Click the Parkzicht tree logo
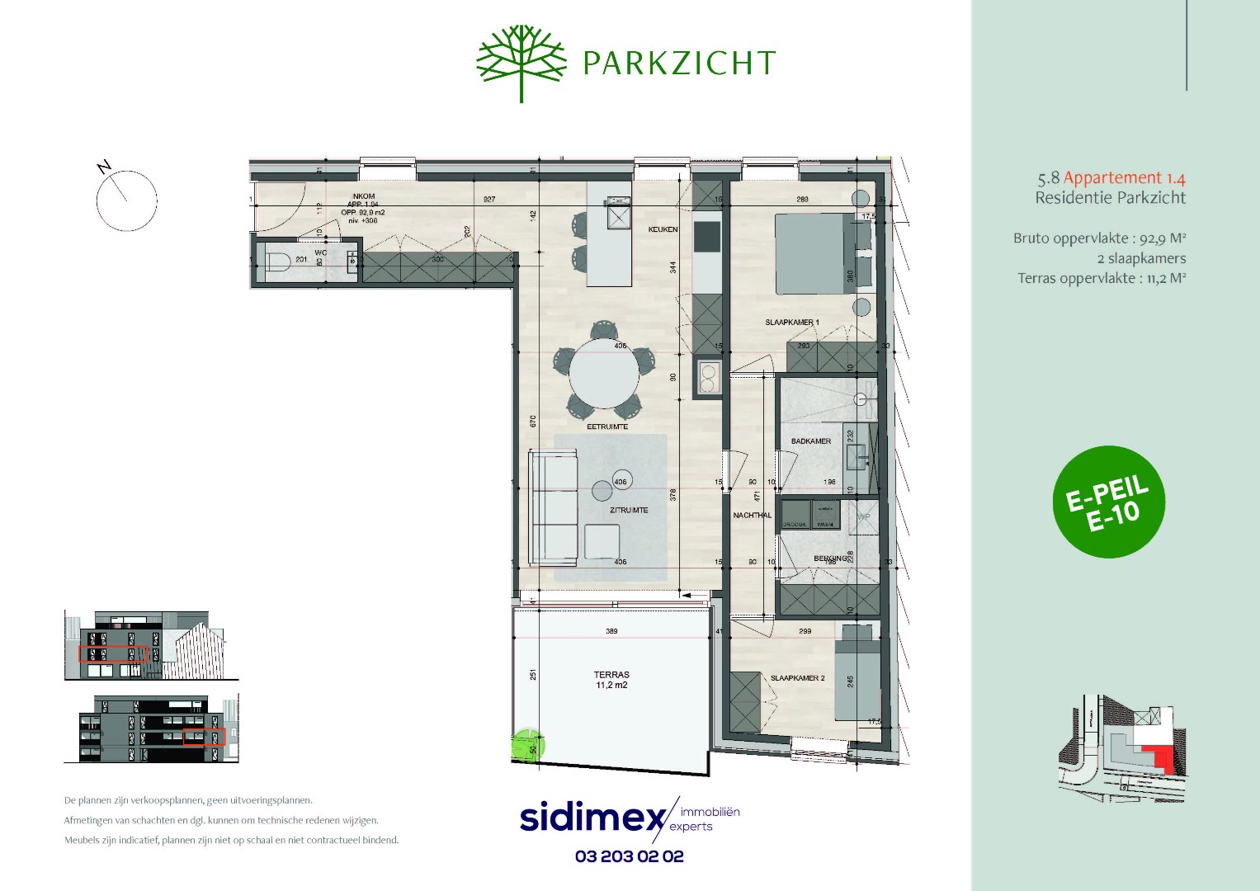tap(521, 62)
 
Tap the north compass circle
tap(127, 200)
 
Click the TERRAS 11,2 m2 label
tap(611, 680)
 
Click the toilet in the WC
tap(277, 263)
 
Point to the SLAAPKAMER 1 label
tap(791, 323)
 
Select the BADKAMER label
tap(810, 441)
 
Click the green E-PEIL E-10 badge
tap(1109, 502)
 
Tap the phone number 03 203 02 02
tap(630, 856)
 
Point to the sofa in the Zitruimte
tap(553, 507)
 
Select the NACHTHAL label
tap(752, 516)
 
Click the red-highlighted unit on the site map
tap(1161, 757)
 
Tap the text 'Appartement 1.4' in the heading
tap(1124, 177)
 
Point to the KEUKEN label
tap(663, 229)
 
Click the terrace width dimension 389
tap(611, 631)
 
